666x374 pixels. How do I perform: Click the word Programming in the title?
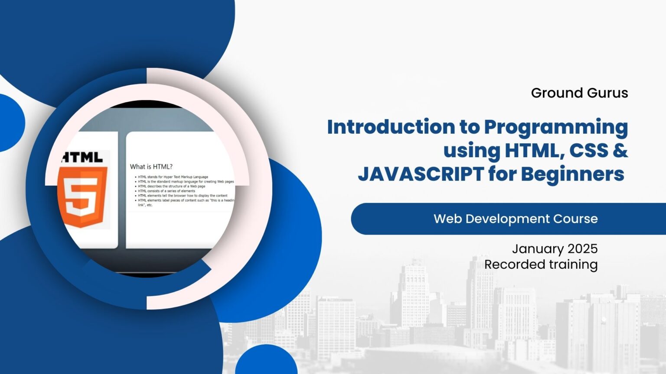click(556, 128)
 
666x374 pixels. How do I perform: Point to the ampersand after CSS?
click(621, 150)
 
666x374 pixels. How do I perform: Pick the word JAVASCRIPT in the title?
click(420, 174)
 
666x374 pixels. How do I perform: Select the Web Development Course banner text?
click(516, 219)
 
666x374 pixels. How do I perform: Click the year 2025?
click(583, 248)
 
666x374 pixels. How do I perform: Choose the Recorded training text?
click(541, 264)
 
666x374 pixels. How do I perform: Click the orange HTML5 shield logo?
click(82, 197)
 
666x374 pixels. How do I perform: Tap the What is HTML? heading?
click(151, 167)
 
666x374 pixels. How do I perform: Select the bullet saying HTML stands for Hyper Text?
click(173, 177)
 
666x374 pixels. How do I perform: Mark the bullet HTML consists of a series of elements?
click(166, 191)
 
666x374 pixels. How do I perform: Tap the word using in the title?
click(472, 150)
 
